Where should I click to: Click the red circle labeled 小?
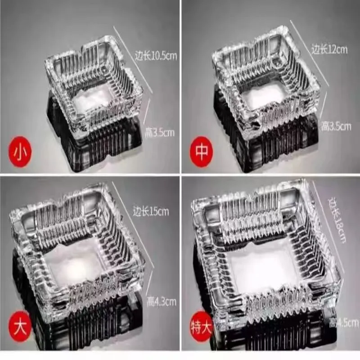click(x=20, y=152)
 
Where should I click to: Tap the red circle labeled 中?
click(x=202, y=151)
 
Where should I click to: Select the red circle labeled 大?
click(x=20, y=326)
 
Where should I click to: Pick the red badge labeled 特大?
click(x=201, y=326)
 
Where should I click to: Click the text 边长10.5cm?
click(x=156, y=56)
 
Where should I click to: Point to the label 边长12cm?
click(x=329, y=49)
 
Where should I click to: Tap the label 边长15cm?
click(x=151, y=211)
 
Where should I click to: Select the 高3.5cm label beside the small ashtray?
click(x=160, y=133)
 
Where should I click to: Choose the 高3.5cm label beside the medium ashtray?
click(x=336, y=126)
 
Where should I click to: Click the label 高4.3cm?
click(x=162, y=301)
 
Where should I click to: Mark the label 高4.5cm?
click(x=344, y=323)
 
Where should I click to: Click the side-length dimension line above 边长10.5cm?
click(x=133, y=59)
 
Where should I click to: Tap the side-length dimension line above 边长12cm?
click(x=310, y=53)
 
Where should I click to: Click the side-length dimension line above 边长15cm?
click(x=133, y=225)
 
